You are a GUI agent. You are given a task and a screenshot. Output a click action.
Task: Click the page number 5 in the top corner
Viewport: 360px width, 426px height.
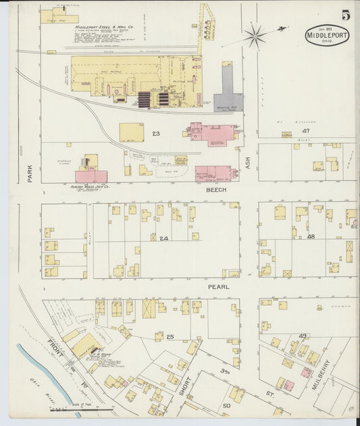345,14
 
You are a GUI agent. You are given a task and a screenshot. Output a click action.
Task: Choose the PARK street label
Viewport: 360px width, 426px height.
30,174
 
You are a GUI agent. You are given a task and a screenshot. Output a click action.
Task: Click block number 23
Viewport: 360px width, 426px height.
156,134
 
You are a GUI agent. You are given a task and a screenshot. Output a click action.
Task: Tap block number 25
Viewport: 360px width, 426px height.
170,336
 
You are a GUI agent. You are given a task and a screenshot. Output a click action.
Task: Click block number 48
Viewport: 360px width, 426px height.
311,237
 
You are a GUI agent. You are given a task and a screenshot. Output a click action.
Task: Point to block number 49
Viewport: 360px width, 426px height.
303,336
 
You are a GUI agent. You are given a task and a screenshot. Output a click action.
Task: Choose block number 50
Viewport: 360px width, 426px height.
226,405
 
